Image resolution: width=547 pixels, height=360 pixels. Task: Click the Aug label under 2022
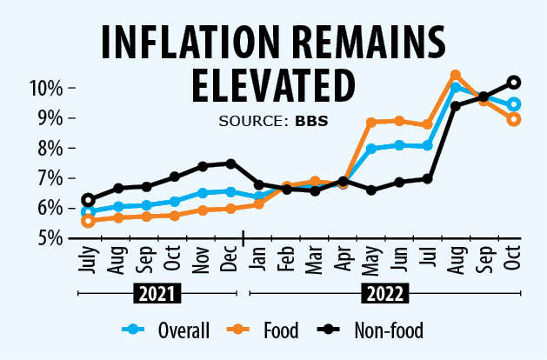(x=454, y=257)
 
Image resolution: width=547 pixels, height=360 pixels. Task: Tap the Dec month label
(x=230, y=257)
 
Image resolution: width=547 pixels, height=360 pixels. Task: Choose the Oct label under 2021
(x=175, y=257)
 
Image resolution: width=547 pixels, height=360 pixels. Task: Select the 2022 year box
(x=384, y=294)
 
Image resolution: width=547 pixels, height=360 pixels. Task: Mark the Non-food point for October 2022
(x=514, y=82)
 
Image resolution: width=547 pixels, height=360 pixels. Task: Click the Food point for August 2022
(x=455, y=76)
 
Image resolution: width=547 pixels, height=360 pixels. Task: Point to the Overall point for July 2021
(x=88, y=211)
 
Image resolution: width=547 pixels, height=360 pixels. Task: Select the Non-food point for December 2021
(x=230, y=163)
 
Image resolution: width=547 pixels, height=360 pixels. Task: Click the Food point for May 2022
(x=371, y=123)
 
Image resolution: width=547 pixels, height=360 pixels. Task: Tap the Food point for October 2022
(x=514, y=120)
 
